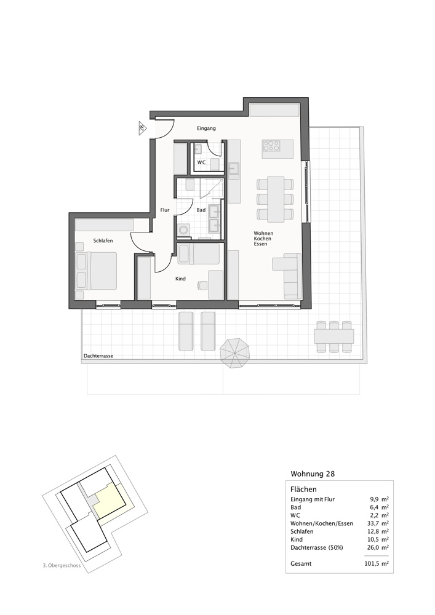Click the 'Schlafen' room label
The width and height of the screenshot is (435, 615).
click(x=103, y=241)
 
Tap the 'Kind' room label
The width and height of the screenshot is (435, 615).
click(x=180, y=279)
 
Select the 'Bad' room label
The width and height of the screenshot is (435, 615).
click(x=201, y=210)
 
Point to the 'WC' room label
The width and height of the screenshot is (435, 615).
click(x=201, y=162)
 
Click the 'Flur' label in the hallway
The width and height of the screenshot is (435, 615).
click(x=164, y=210)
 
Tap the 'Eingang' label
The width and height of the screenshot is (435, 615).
click(x=206, y=128)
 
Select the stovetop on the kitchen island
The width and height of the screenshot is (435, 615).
click(x=271, y=145)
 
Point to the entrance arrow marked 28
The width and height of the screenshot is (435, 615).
click(x=143, y=128)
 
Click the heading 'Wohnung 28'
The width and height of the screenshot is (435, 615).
click(x=313, y=474)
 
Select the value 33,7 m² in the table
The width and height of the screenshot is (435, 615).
click(x=377, y=523)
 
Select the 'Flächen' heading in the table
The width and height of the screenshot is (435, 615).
click(x=303, y=489)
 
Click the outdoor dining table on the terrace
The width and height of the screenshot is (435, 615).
click(x=334, y=336)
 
